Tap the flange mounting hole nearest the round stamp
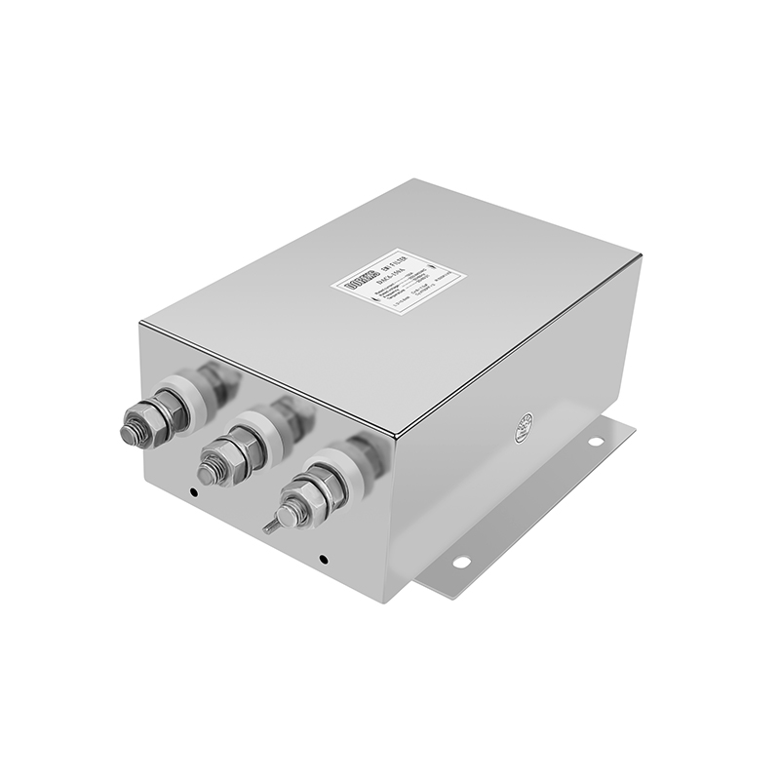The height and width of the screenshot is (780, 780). coord(595,441)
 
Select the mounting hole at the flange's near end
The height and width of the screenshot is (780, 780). coord(461,562)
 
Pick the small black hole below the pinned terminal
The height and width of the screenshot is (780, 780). coord(322,559)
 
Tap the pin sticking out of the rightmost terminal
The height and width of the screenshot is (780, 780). coord(268,527)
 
